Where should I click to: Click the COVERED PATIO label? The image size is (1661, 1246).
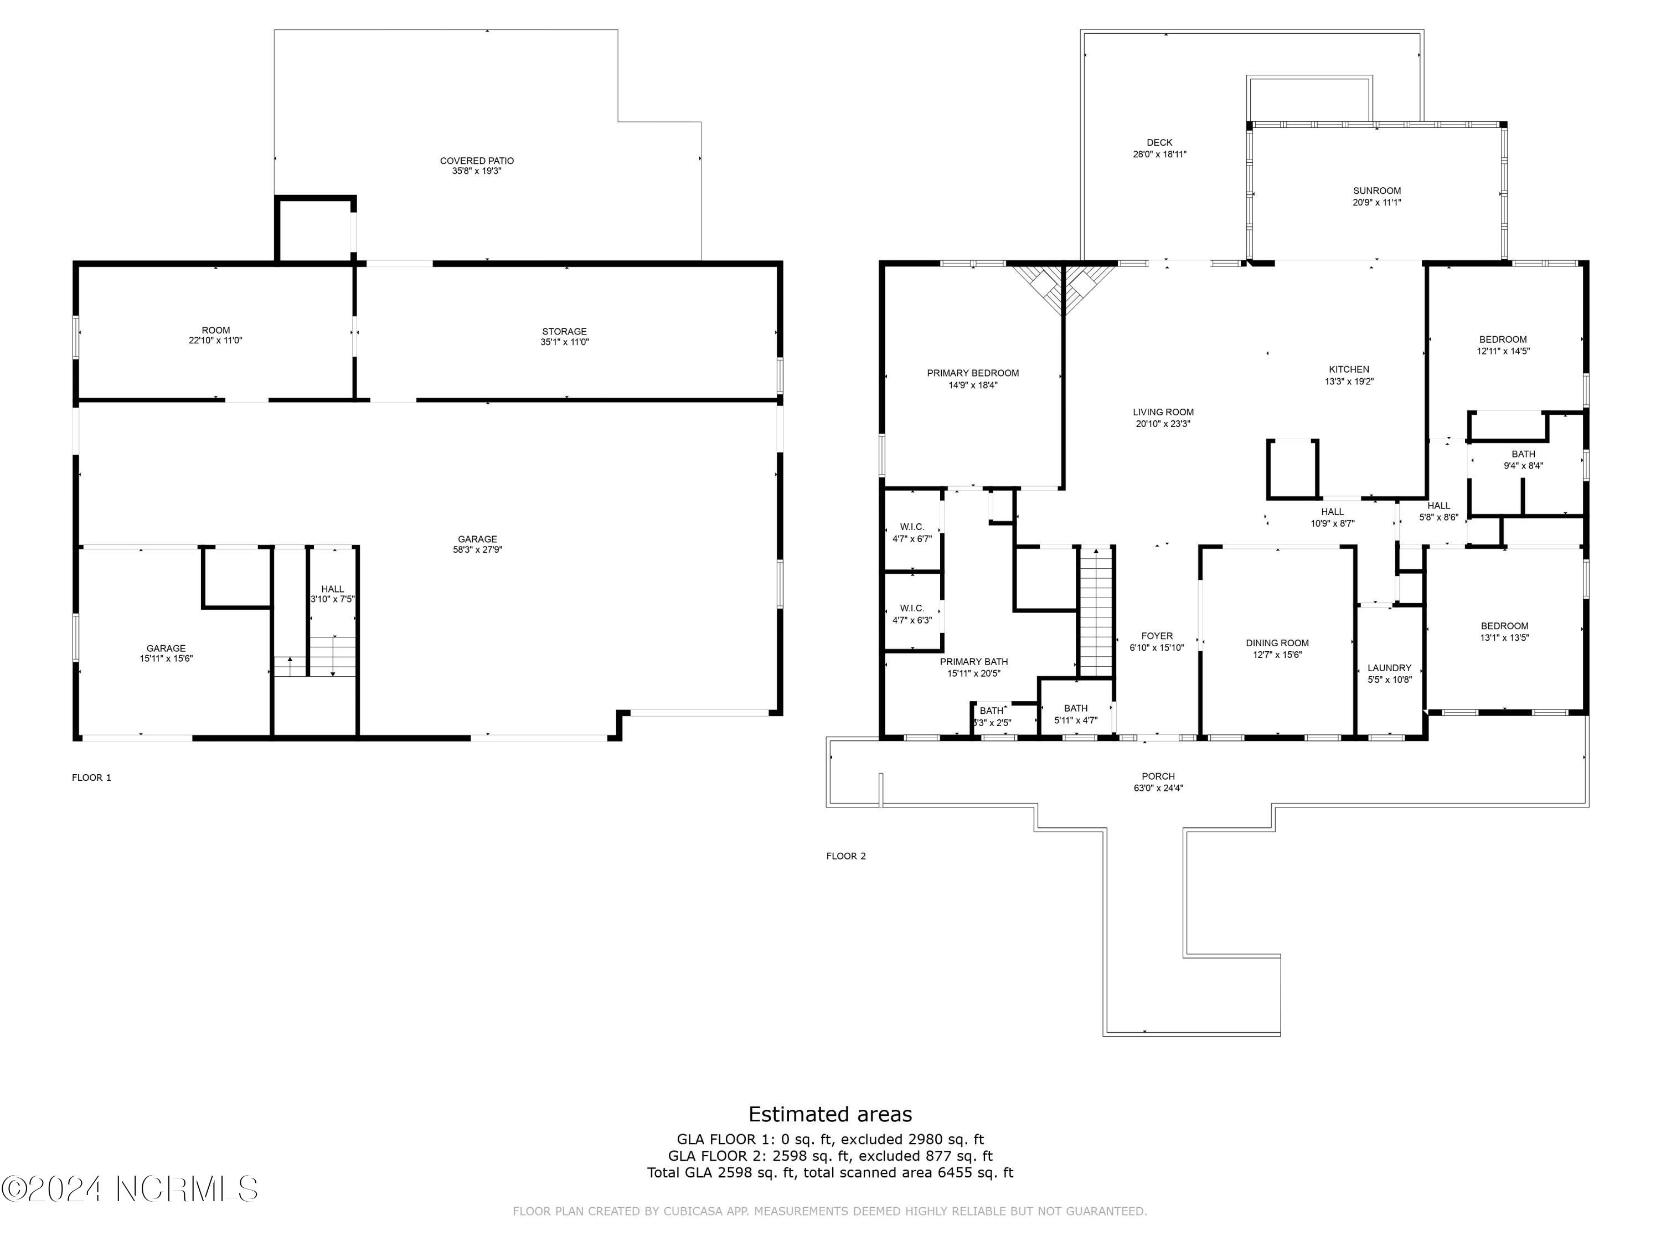click(477, 161)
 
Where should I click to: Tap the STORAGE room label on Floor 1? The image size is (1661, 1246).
click(564, 331)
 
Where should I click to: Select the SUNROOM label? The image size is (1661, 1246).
click(1376, 190)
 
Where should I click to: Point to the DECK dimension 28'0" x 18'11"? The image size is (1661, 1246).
click(1159, 155)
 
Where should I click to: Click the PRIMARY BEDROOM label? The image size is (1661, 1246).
click(972, 373)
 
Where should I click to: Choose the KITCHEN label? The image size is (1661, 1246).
click(1349, 369)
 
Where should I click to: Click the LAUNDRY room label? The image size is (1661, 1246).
click(1389, 668)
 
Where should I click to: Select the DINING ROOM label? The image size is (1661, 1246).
click(1277, 643)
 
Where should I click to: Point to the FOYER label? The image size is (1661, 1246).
click(1157, 636)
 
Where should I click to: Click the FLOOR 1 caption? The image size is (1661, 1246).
click(91, 778)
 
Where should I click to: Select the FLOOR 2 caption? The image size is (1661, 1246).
click(845, 856)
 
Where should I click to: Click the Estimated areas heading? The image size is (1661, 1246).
click(830, 1114)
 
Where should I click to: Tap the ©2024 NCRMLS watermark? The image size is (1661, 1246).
click(129, 1189)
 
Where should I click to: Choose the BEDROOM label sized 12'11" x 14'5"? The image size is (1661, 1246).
click(1503, 339)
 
